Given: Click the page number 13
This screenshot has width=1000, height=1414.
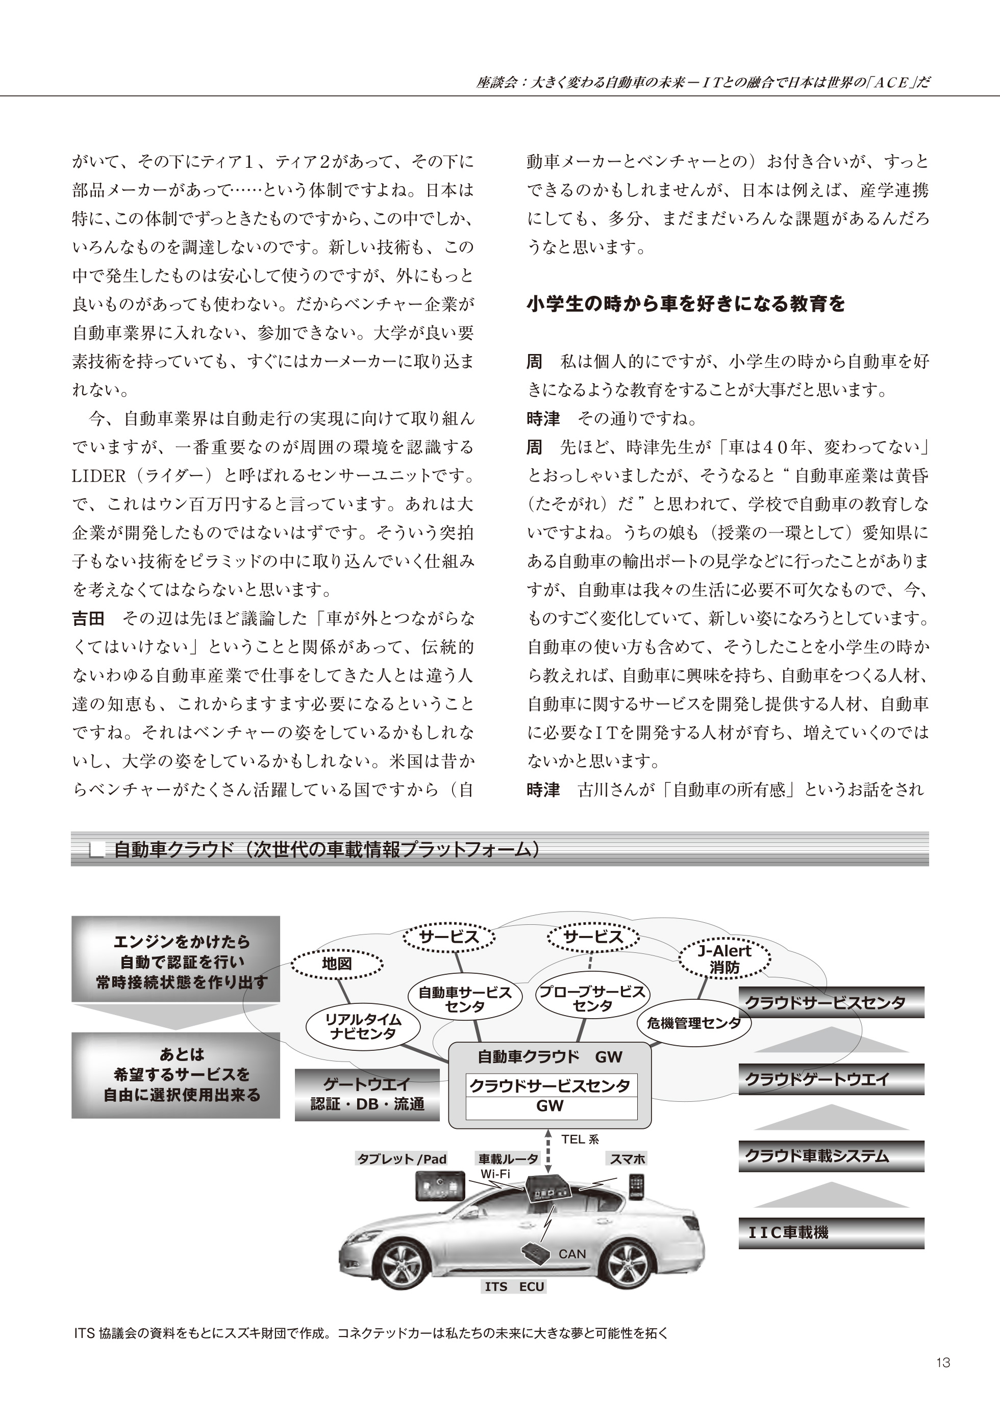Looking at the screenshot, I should pos(943,1362).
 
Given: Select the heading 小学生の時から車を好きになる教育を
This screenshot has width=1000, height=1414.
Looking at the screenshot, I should pos(686,304).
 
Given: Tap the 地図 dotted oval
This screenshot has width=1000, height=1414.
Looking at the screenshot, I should pos(337,964).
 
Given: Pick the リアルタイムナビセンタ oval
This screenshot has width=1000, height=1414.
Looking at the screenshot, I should pos(363,1027).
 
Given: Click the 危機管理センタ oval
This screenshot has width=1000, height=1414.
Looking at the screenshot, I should pos(694,1024).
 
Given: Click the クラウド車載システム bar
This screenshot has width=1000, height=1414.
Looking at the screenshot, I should pos(831,1156).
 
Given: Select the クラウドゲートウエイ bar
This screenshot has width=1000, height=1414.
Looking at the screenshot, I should pos(831,1079).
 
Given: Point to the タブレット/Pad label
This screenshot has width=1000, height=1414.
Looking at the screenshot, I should pos(402,1159).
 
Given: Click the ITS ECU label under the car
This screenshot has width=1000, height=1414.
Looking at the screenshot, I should pos(514,1287).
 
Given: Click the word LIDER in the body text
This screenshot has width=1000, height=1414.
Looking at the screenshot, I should pos(99,476).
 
